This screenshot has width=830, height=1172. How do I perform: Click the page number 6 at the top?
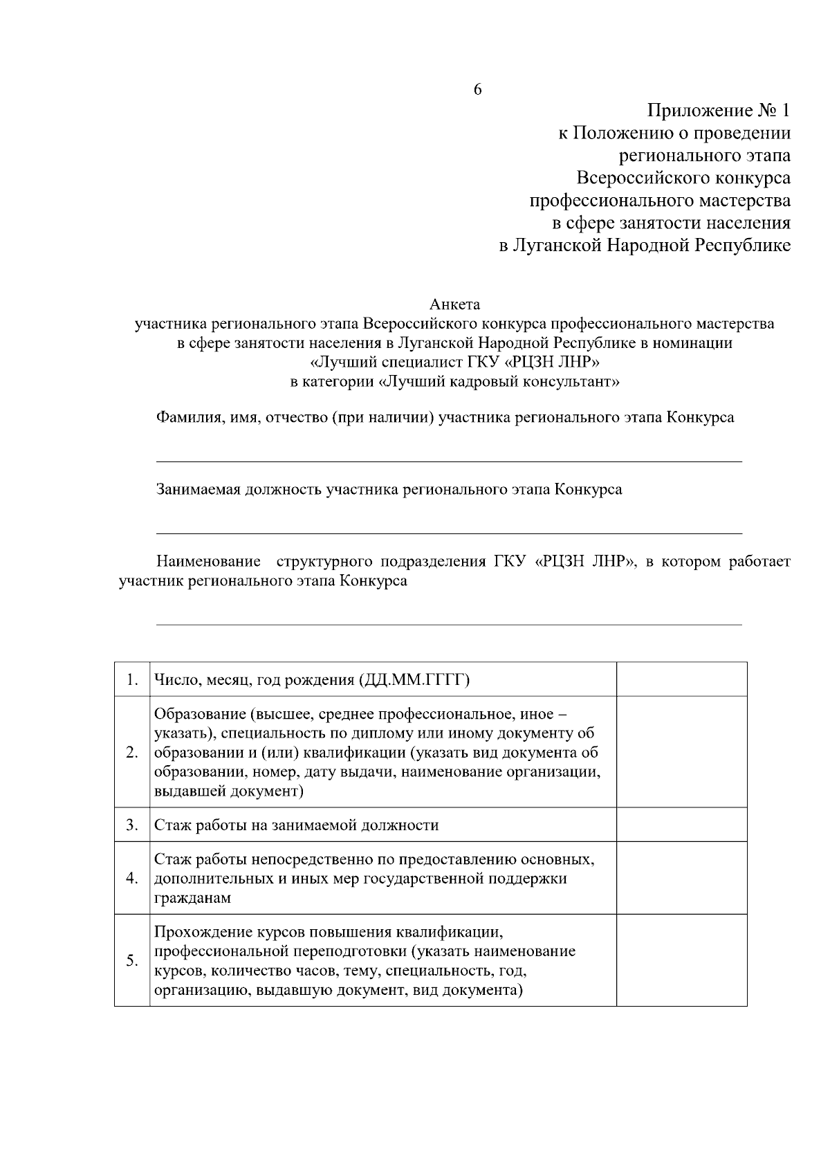coord(477,90)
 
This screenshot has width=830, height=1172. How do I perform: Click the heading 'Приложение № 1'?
coord(719,111)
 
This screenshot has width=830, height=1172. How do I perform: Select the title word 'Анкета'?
coord(454,304)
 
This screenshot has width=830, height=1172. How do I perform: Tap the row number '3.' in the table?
coord(132,825)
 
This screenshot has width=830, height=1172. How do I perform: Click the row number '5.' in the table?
coord(132,960)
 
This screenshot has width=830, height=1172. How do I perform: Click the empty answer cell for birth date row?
coord(681,679)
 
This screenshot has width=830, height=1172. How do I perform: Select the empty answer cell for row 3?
coord(681,825)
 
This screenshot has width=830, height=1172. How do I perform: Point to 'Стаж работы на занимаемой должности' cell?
coord(297,825)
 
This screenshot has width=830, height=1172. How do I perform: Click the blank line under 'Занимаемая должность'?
coord(449,532)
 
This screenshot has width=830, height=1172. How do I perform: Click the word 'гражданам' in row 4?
coord(192,898)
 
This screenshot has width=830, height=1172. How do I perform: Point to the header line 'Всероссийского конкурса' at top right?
coord(683,178)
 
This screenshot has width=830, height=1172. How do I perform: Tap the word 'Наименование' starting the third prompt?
coord(209,561)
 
